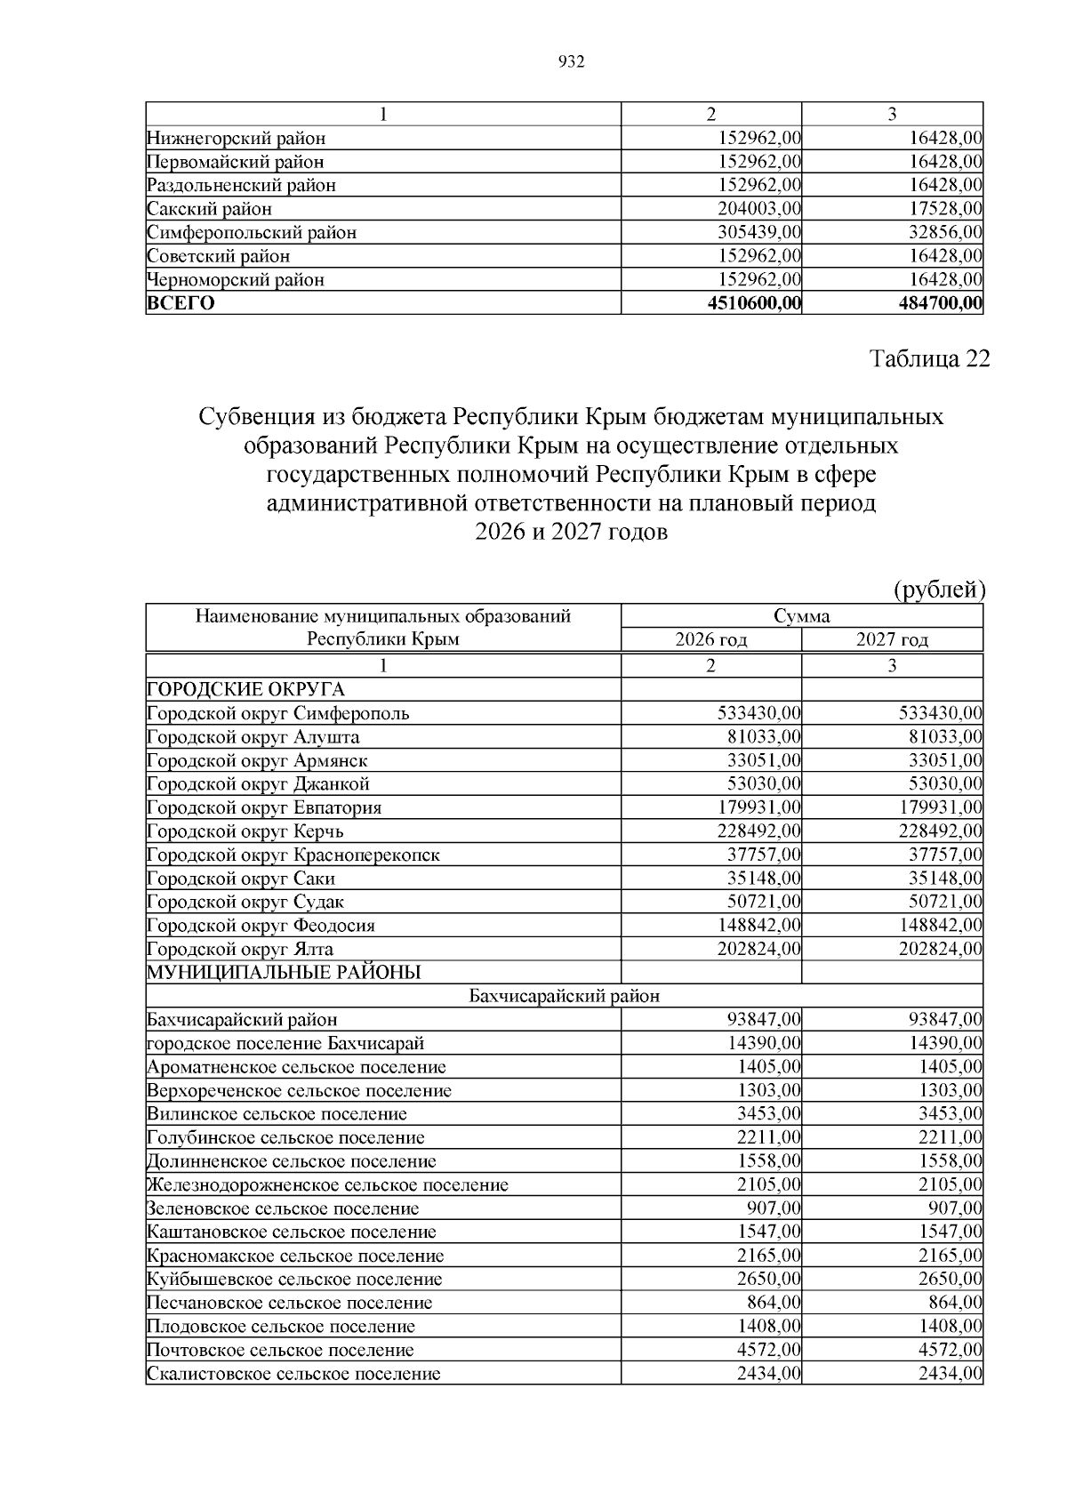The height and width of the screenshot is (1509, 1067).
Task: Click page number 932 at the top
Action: [x=571, y=62]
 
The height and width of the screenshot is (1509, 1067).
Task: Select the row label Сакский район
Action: [x=210, y=210]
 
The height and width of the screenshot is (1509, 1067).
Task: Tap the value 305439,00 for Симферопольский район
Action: [x=759, y=233]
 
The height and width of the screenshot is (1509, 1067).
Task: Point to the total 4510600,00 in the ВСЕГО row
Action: [x=754, y=304]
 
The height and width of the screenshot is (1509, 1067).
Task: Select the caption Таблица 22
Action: [x=928, y=359]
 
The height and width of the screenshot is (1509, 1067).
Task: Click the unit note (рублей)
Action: [x=939, y=590]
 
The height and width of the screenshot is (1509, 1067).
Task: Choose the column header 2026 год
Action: [x=711, y=640]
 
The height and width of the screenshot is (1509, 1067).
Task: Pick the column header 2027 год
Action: [x=892, y=640]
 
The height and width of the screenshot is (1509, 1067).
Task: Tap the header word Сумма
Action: [x=801, y=616]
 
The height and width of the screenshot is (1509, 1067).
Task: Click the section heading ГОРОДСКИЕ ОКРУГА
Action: [x=245, y=690]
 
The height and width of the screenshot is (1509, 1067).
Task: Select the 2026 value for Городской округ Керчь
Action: [x=759, y=831]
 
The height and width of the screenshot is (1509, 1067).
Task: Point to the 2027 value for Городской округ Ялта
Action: [x=941, y=950]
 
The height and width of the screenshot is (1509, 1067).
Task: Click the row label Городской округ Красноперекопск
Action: [x=293, y=855]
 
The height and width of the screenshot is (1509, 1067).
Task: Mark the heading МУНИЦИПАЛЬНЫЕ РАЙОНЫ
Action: [x=284, y=973]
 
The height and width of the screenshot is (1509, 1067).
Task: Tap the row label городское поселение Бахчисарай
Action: [x=285, y=1044]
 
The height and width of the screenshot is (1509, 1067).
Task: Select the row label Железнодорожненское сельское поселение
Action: [x=328, y=1185]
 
